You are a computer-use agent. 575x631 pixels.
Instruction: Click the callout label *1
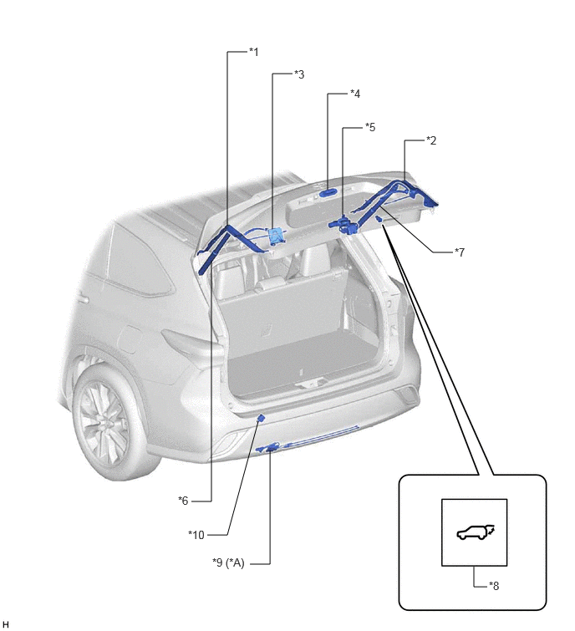tap(253, 52)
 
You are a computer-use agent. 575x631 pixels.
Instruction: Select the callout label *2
tap(431, 141)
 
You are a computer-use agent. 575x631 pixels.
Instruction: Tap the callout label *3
tap(299, 74)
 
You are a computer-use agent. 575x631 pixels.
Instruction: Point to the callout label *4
tap(355, 94)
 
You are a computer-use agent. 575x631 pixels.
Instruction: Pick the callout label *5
tap(369, 127)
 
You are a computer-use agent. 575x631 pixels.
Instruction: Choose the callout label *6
tap(183, 501)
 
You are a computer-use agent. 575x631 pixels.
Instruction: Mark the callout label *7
tap(460, 252)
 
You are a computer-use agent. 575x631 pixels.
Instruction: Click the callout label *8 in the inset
tap(494, 586)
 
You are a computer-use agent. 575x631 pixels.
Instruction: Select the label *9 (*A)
tap(228, 562)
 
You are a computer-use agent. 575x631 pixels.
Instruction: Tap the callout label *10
tap(196, 535)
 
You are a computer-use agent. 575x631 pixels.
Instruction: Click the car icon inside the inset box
tap(476, 532)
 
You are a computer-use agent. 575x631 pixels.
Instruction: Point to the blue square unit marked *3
tap(275, 236)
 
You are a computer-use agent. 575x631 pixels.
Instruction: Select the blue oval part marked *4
tap(328, 193)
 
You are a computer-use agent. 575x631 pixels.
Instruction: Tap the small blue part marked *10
tap(261, 419)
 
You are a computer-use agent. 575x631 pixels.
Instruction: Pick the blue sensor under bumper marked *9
tap(271, 447)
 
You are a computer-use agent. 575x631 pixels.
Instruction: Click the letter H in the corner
tap(5, 623)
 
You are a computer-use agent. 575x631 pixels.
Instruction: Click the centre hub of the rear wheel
tap(105, 425)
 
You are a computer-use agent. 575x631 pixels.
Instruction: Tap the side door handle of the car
tap(83, 299)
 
